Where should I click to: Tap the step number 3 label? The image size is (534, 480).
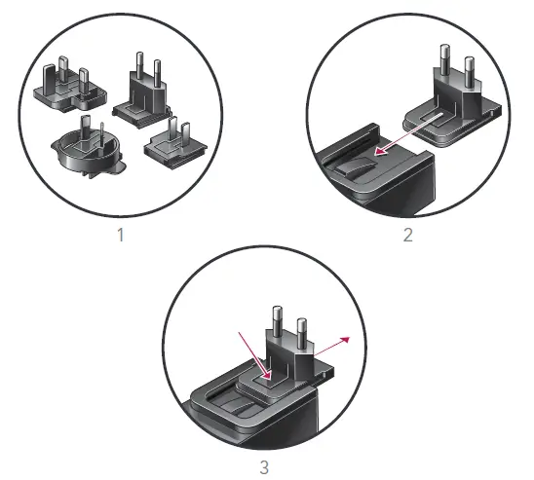point(265,466)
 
